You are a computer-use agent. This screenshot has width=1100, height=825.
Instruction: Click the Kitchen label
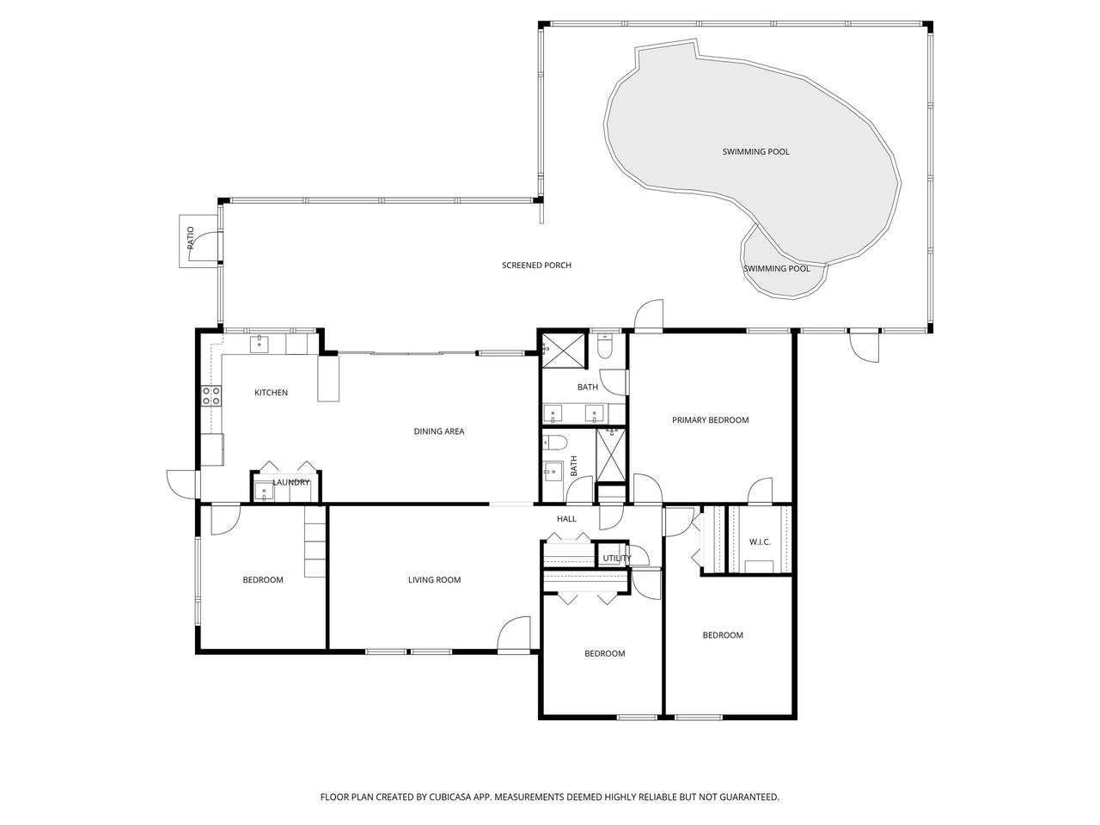pos(271,393)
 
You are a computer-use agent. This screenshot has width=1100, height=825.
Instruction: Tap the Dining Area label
pos(439,431)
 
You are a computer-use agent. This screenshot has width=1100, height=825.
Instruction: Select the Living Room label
pos(435,580)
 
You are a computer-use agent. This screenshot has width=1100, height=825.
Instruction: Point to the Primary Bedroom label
pos(710,420)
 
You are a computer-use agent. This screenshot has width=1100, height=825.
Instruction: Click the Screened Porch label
pos(537,266)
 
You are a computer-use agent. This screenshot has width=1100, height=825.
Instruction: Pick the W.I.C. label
pos(760,542)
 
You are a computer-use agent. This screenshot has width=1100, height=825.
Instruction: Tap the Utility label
pos(617,559)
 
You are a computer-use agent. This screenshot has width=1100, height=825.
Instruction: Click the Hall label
pos(566,519)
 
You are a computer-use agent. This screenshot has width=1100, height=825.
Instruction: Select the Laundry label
pos(290,482)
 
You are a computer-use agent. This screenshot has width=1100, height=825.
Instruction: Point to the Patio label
pos(191,238)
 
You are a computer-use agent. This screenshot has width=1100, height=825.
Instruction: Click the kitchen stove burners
pos(211,395)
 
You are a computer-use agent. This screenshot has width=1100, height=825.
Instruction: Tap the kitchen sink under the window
pos(259,345)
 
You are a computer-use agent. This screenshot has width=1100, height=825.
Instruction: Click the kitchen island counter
pos(328,379)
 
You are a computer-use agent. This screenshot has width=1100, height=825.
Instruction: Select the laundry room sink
pos(264,492)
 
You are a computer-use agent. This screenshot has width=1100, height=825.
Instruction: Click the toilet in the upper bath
pos(605,346)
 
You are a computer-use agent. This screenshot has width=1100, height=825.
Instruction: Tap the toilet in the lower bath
pos(555,443)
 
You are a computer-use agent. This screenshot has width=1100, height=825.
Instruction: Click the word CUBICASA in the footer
pos(450,797)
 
